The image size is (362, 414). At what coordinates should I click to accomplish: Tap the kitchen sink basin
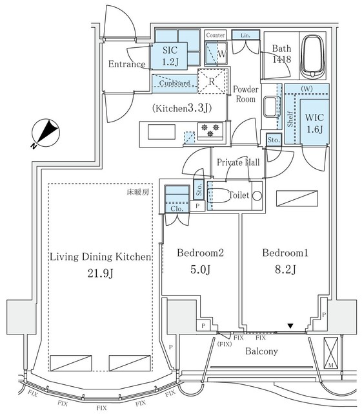(159, 132)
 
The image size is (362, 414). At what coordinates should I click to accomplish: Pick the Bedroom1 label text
(285, 254)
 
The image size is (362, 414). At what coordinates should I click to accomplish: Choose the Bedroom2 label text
(200, 254)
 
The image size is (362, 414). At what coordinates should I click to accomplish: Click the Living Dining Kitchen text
(101, 257)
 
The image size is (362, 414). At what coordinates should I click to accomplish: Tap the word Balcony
(261, 351)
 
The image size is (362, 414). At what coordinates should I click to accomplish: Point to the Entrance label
(126, 64)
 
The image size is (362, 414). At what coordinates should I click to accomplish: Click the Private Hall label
(238, 162)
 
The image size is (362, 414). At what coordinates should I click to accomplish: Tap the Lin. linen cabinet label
(246, 35)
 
